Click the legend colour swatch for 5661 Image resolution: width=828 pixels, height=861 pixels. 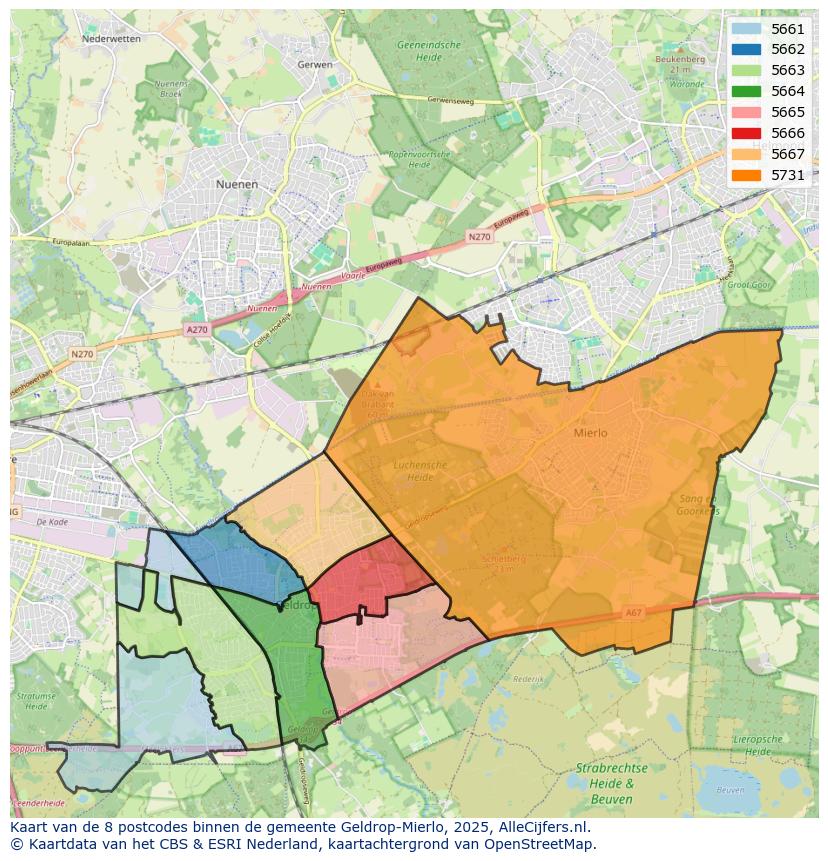746,29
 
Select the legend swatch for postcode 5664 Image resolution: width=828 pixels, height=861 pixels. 746,91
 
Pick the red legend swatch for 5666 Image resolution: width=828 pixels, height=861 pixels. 746,133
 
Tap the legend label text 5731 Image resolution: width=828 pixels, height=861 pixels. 788,175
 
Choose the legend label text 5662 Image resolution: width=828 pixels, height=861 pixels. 788,49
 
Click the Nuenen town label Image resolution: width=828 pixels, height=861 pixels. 236,185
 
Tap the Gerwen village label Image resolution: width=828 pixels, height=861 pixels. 314,64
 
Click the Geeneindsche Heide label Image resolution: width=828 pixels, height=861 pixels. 428,51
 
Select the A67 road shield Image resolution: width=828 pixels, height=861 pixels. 634,613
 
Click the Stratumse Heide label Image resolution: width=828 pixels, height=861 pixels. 36,700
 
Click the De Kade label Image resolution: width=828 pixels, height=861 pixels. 51,522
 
